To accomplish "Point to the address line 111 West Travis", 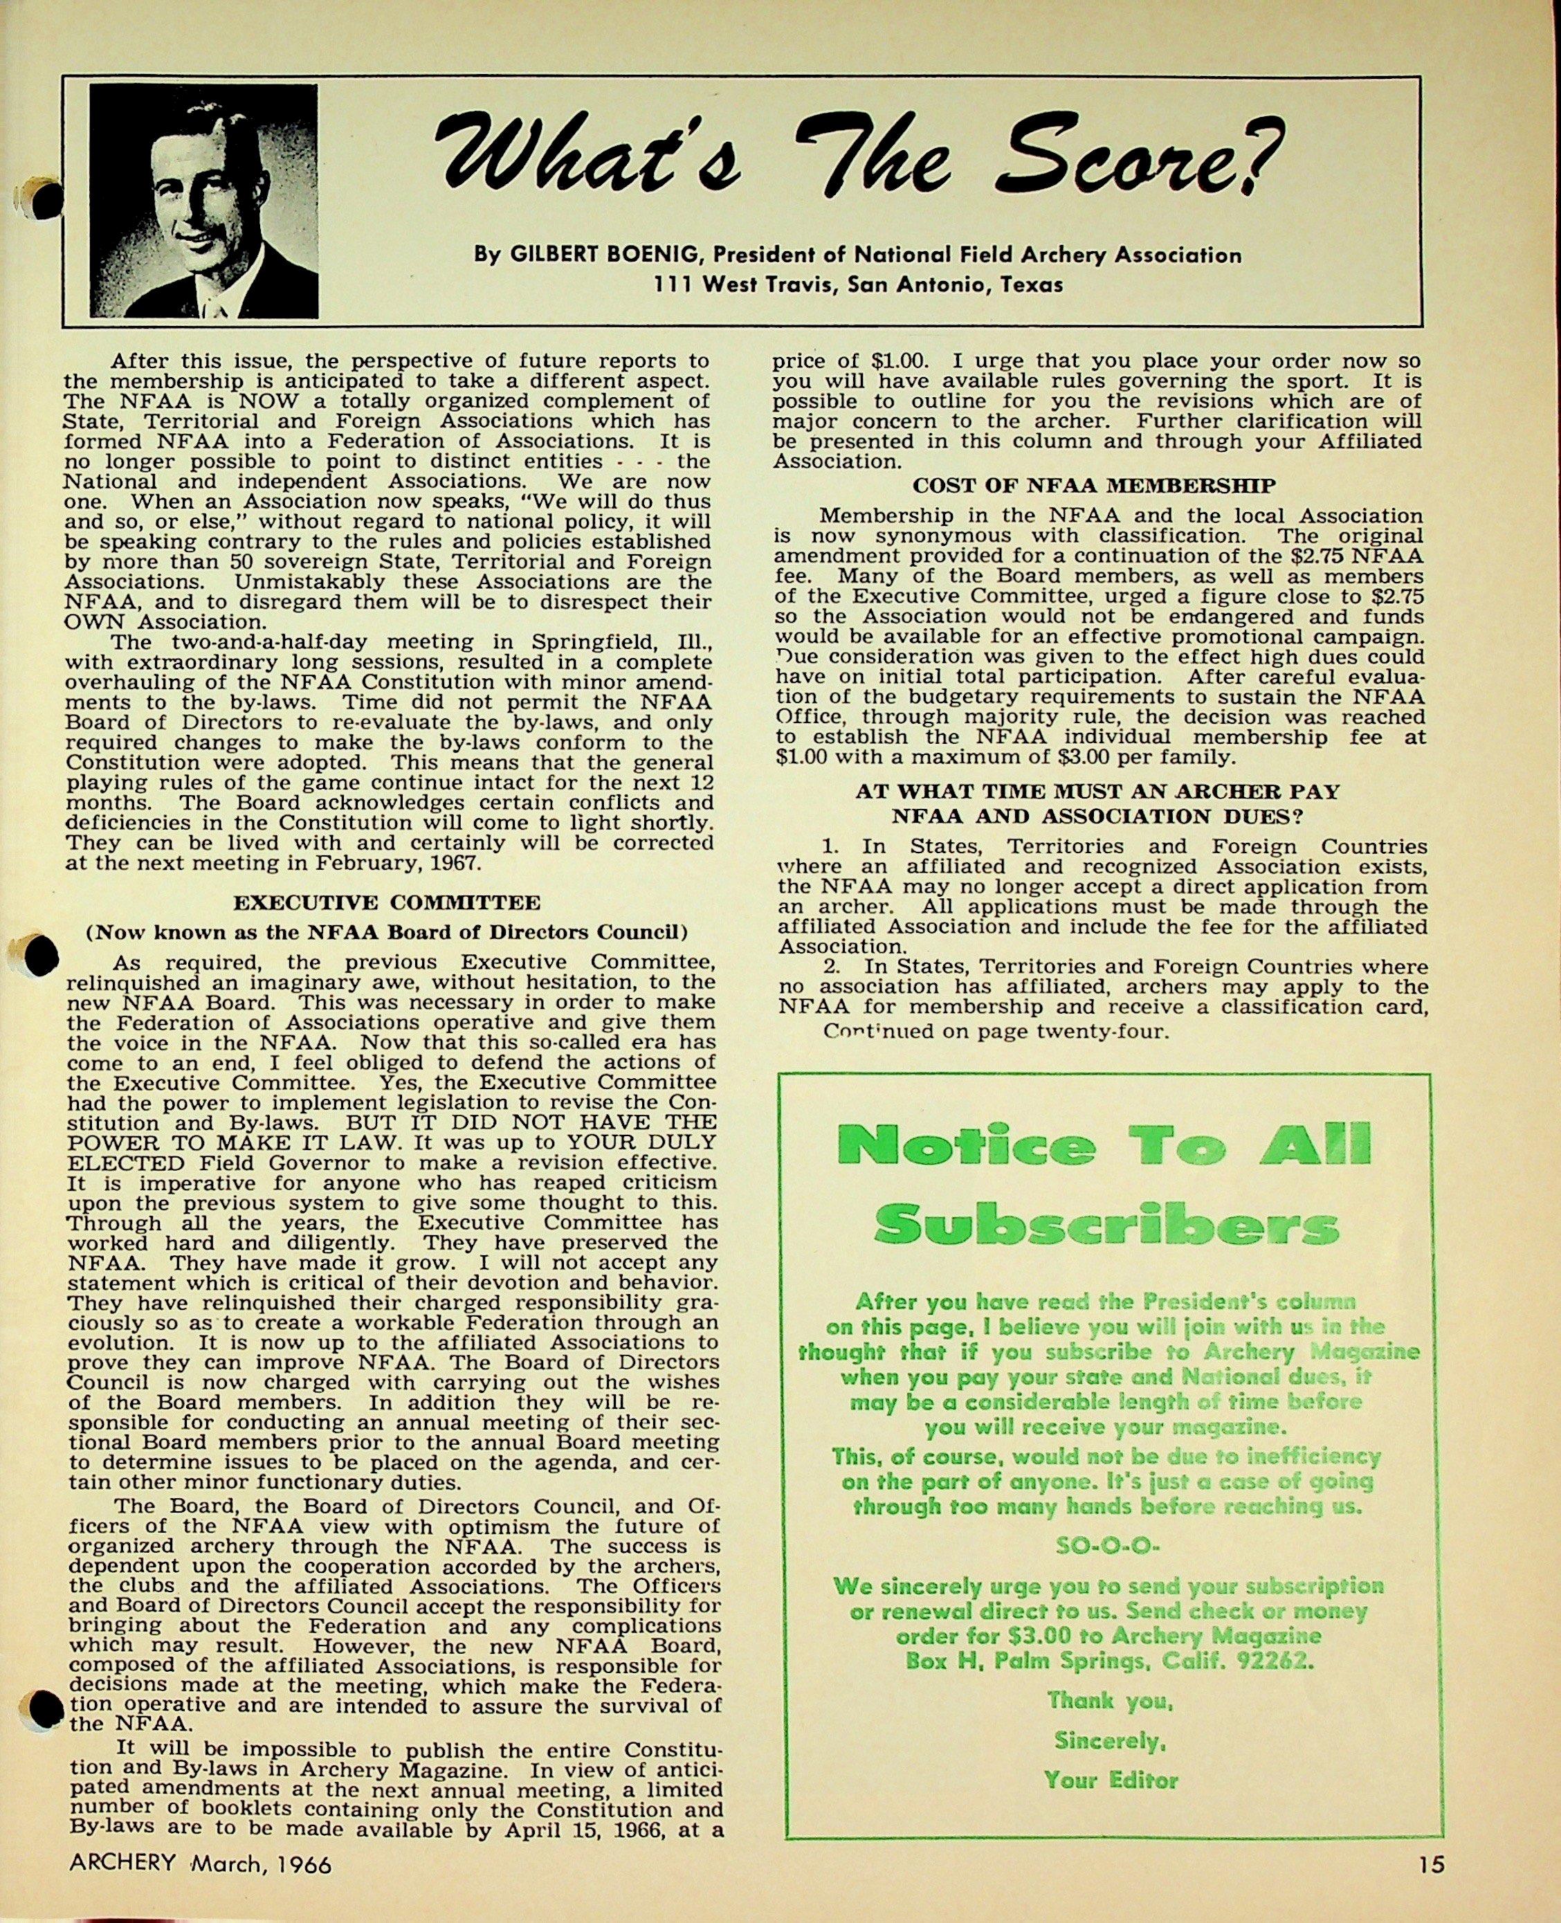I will tap(859, 285).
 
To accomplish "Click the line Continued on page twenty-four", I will tap(996, 1031).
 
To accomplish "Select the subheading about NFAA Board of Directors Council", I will tap(387, 931).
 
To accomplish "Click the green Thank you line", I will tap(1110, 1701).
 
